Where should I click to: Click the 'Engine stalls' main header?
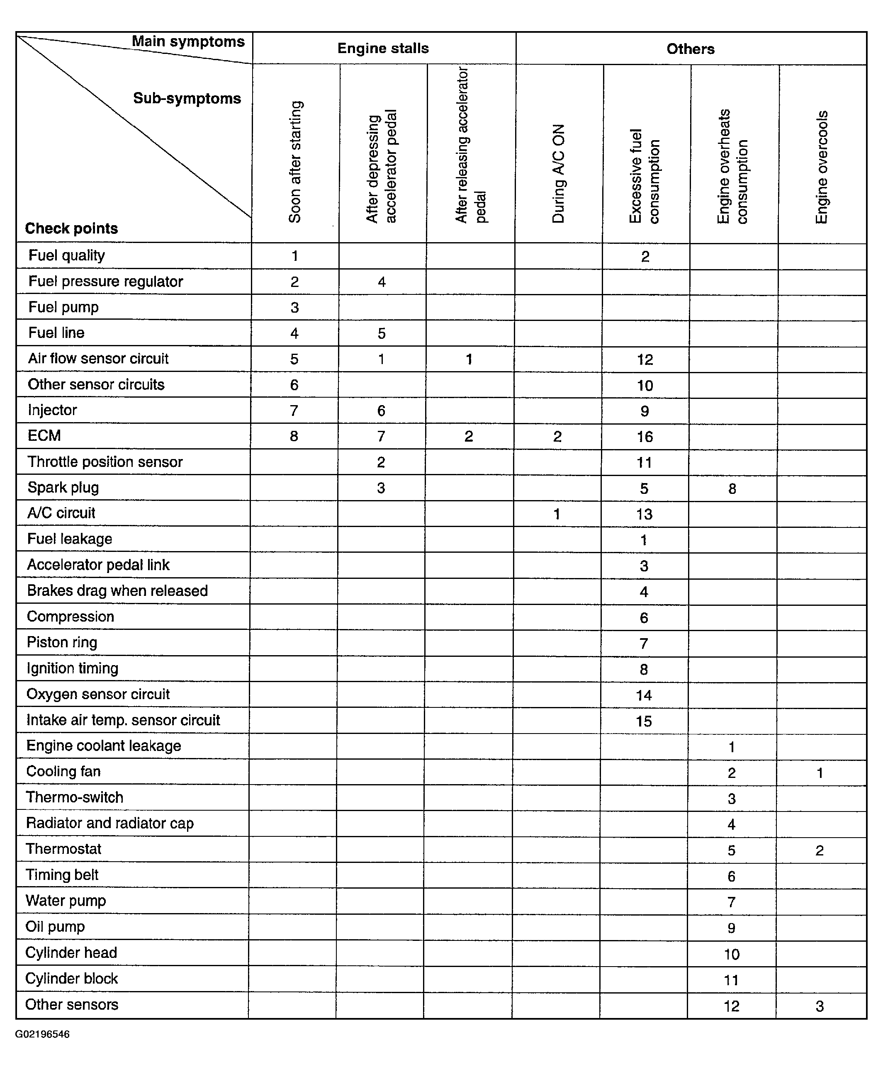click(383, 49)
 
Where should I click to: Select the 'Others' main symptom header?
click(690, 49)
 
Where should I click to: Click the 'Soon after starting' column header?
click(295, 162)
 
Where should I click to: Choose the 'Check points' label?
click(71, 228)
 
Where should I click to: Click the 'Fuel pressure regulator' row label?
click(105, 281)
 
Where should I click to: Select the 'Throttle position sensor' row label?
click(105, 462)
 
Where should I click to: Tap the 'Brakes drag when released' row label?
click(117, 590)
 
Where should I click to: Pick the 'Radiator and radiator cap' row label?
click(110, 823)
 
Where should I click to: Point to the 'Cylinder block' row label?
click(71, 979)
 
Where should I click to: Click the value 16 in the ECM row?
click(645, 436)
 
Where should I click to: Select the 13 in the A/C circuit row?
click(644, 514)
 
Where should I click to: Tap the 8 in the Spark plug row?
click(732, 489)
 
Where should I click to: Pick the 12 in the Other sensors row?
click(732, 1006)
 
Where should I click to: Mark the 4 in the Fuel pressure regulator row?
click(382, 282)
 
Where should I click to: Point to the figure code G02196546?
click(42, 1034)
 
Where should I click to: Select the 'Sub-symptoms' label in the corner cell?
click(187, 98)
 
